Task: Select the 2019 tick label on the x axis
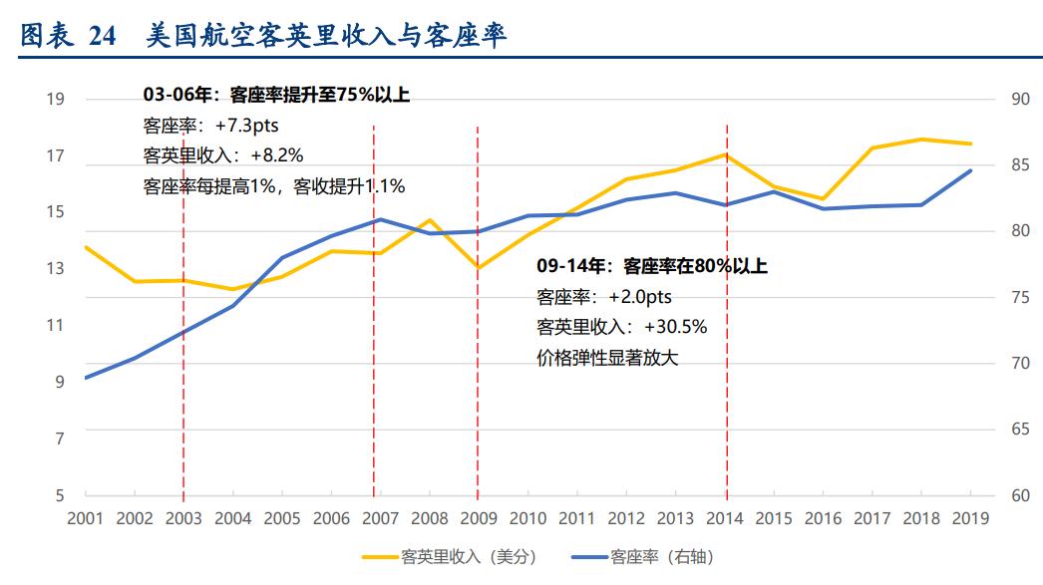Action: coord(970,518)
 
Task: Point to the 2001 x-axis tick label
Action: coord(85,518)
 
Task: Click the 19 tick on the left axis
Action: coord(56,99)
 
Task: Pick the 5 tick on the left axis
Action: coord(60,495)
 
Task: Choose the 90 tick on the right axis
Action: coord(1019,99)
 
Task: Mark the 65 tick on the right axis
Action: coord(1019,430)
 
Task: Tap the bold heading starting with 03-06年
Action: coord(276,96)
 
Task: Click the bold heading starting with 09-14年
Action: coord(652,266)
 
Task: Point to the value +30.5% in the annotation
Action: coord(676,326)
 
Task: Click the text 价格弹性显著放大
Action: coord(607,357)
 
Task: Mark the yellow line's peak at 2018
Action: coord(921,139)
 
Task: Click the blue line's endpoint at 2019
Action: coord(970,170)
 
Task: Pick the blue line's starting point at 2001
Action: coord(86,378)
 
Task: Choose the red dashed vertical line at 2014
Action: coord(726,299)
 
